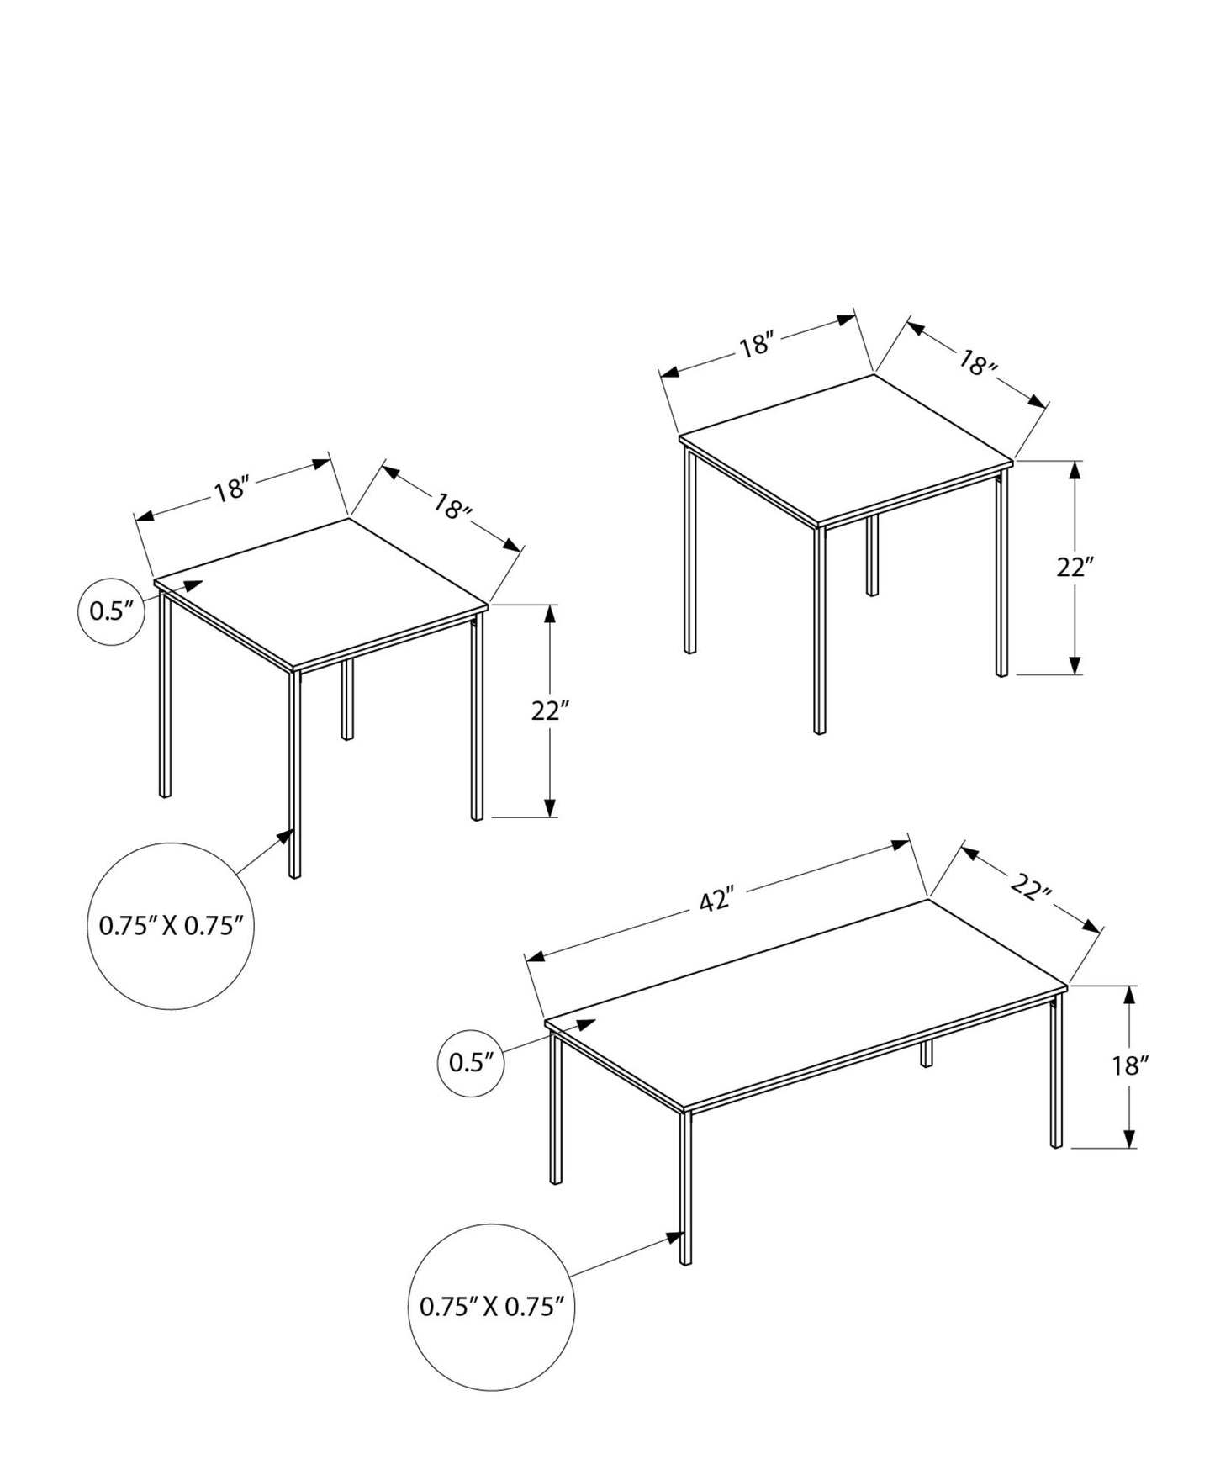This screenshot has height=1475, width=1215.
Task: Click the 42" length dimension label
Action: (716, 901)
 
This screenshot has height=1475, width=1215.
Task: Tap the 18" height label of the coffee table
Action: (1129, 1066)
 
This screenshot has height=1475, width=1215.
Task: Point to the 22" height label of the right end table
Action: (1075, 568)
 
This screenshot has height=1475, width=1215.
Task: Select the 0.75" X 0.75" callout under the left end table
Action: (171, 926)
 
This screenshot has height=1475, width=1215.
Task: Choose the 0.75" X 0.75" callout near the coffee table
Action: (491, 1306)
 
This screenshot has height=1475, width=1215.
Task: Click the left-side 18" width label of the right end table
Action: (756, 345)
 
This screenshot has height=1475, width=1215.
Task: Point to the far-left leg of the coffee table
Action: (556, 1110)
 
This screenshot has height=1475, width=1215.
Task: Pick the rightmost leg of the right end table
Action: (1001, 572)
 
